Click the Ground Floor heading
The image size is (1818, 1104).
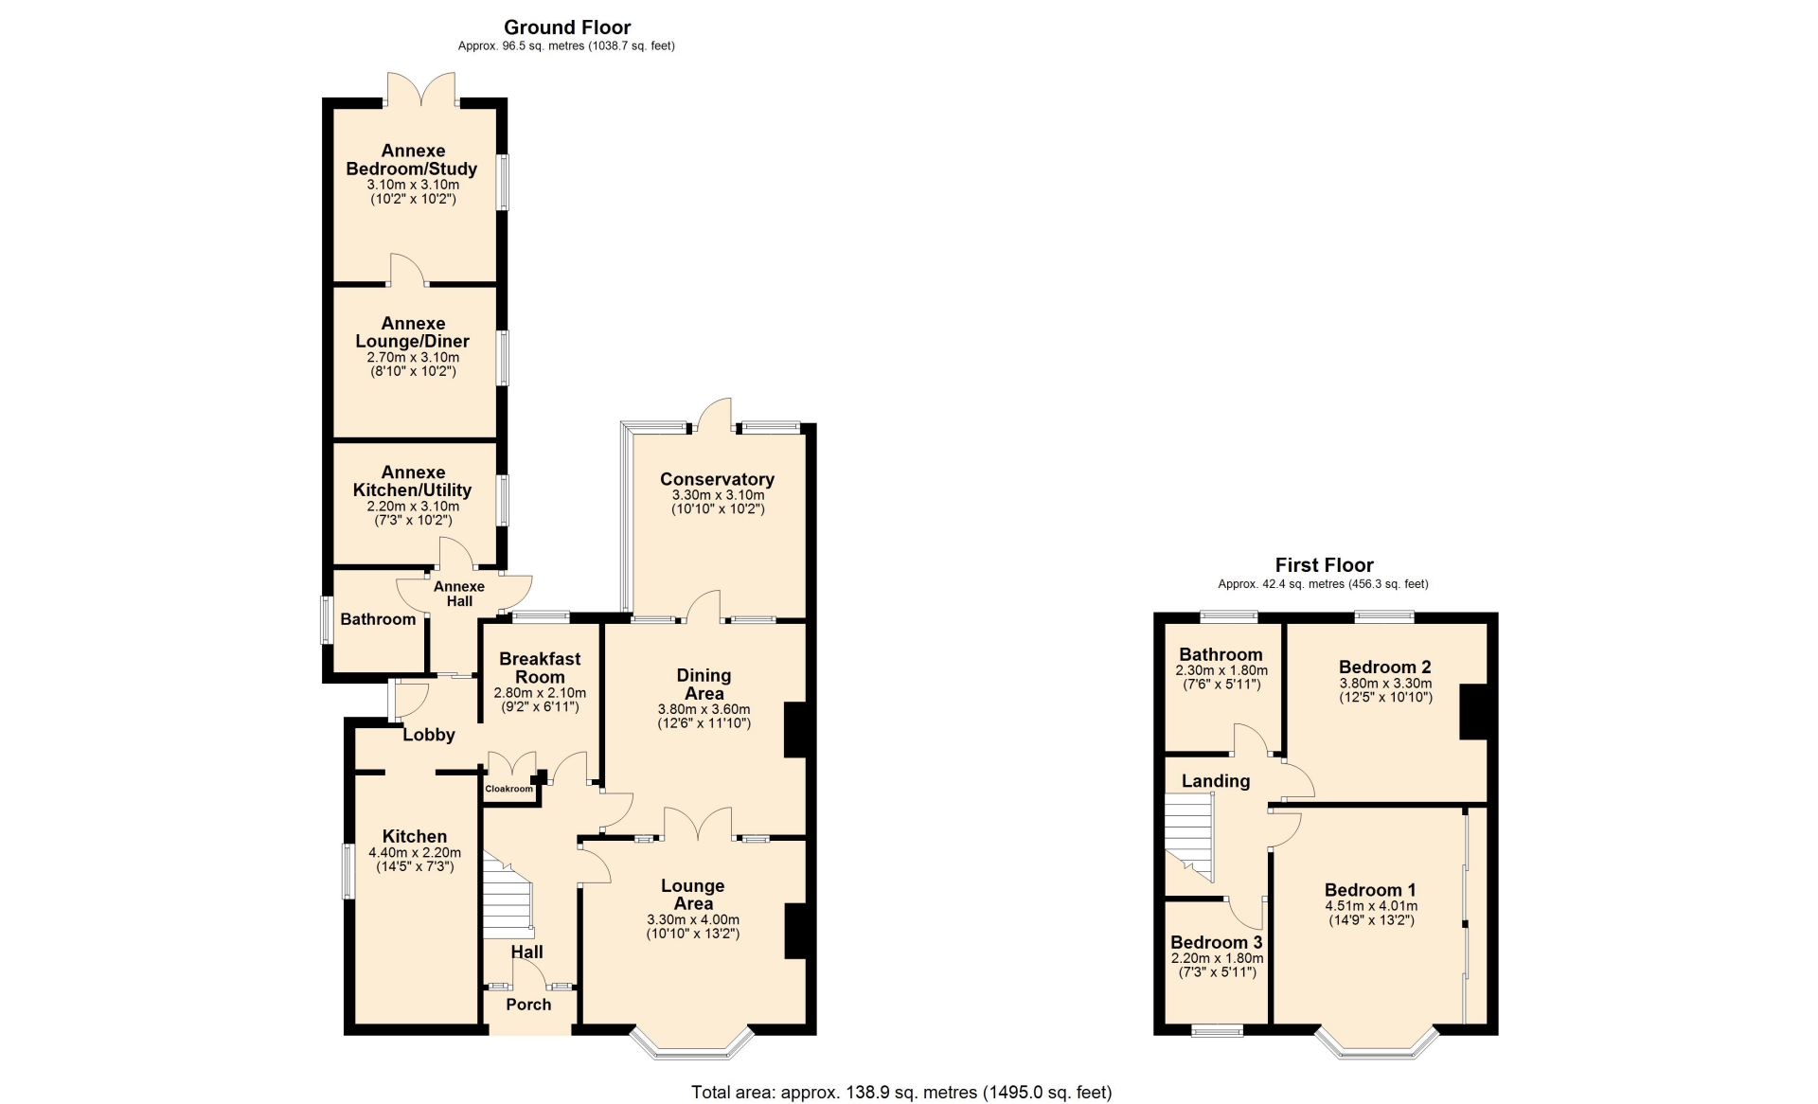pyautogui.click(x=567, y=27)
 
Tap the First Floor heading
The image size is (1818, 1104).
pyautogui.click(x=1324, y=565)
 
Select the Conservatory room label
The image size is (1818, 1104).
pyautogui.click(x=717, y=479)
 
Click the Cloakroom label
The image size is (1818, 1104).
pyautogui.click(x=509, y=789)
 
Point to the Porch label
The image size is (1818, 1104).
pyautogui.click(x=528, y=1005)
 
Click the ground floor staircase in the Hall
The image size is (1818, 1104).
pyautogui.click(x=508, y=895)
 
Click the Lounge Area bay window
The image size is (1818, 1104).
pyautogui.click(x=693, y=1044)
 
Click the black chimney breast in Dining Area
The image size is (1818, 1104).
pyautogui.click(x=795, y=730)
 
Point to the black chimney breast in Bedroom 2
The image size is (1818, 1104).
pyautogui.click(x=1473, y=711)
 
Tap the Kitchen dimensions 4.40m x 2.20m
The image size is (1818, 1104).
pyautogui.click(x=415, y=853)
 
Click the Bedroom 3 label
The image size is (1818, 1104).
pyautogui.click(x=1217, y=942)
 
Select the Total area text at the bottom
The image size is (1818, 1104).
pyautogui.click(x=901, y=1092)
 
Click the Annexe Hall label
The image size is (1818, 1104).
pyautogui.click(x=459, y=594)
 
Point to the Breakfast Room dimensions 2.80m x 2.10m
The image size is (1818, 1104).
pyautogui.click(x=540, y=693)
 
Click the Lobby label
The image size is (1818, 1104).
pyautogui.click(x=429, y=735)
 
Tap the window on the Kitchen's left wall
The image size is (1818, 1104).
pyautogui.click(x=348, y=871)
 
